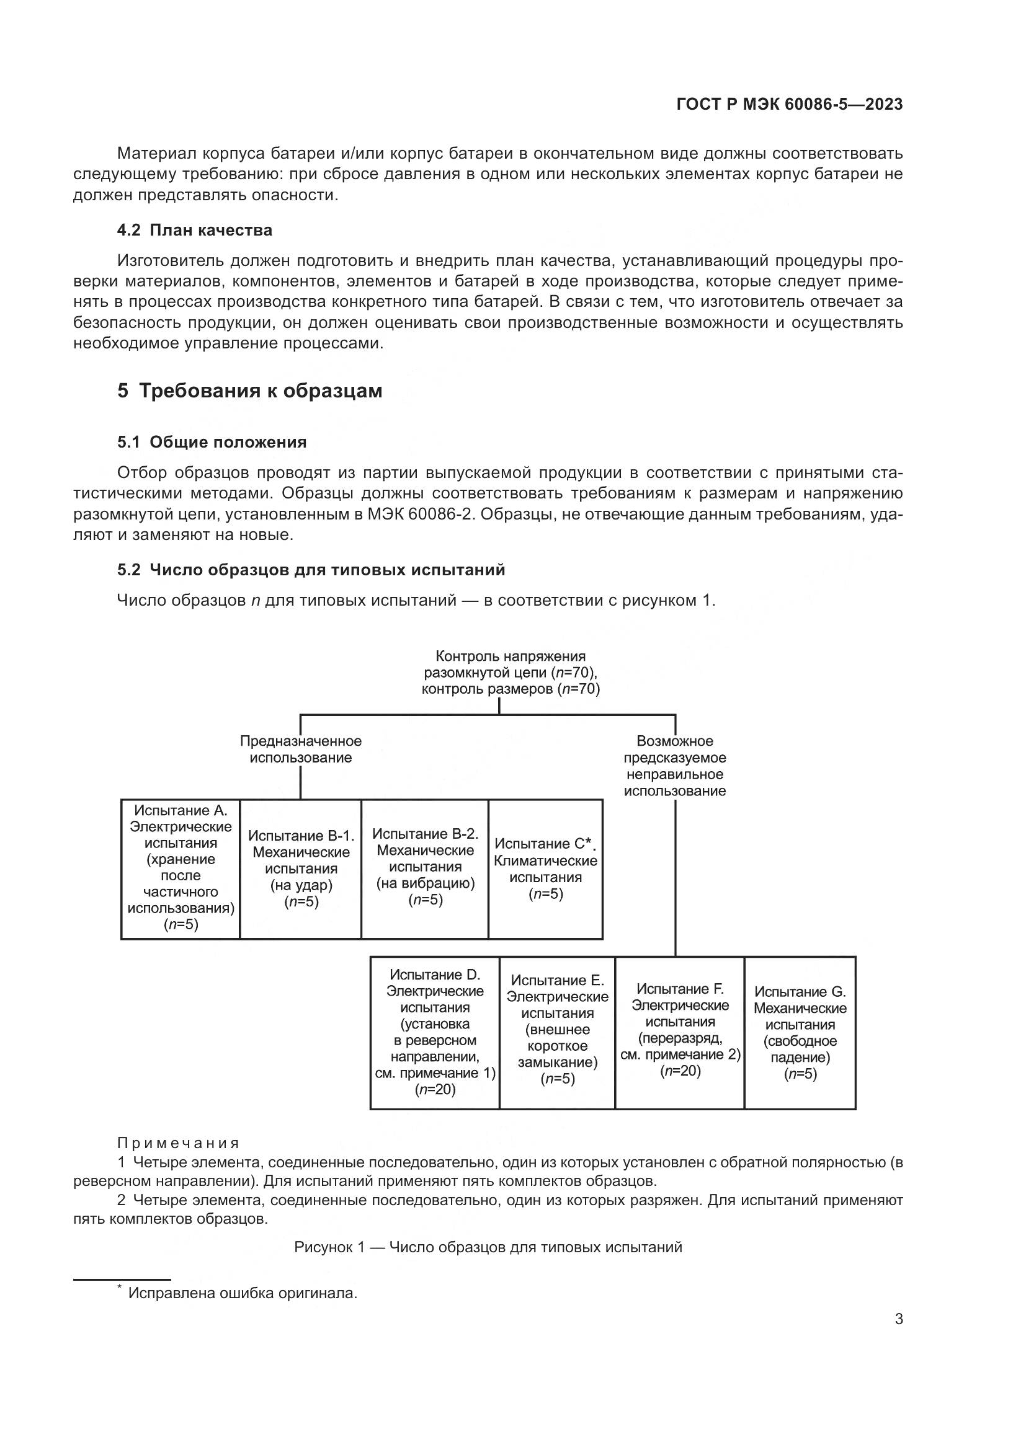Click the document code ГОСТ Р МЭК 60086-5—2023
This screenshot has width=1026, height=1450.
(789, 104)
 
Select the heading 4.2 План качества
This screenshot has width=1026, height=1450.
(195, 231)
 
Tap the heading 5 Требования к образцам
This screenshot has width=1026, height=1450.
(249, 391)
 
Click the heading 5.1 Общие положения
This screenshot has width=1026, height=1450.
(212, 442)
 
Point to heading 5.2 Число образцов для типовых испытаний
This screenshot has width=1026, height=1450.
(311, 570)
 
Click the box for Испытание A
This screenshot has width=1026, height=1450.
(181, 869)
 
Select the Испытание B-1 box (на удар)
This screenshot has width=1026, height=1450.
(301, 869)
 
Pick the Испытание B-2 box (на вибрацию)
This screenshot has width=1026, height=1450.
(425, 869)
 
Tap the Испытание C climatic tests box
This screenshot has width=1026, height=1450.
(546, 869)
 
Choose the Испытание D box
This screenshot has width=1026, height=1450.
(435, 1033)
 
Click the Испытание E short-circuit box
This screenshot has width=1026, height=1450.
(557, 1033)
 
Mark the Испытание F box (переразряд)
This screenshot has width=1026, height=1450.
(680, 1033)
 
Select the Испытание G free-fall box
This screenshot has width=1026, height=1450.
(800, 1033)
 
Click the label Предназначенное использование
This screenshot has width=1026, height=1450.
(301, 749)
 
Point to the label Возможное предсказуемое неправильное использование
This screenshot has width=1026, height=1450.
(675, 766)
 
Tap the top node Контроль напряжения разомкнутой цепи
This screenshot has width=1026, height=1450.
(511, 673)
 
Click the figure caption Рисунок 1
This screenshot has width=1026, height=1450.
(488, 1247)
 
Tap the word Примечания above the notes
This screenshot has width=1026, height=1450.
(178, 1143)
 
